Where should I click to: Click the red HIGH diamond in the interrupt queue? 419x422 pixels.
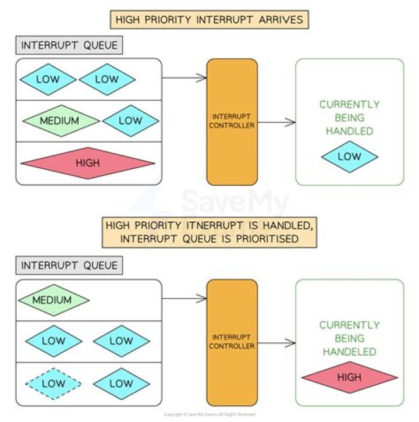pos(87,164)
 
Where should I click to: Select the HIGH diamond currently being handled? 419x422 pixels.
pos(349,378)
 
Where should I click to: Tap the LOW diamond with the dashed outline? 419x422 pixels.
pos(54,383)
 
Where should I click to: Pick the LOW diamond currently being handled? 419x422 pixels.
pos(349,157)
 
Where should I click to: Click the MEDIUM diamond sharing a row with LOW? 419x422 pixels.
pos(60,121)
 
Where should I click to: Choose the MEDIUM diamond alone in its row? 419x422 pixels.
pos(54,300)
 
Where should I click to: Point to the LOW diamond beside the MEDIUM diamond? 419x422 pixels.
pos(130,121)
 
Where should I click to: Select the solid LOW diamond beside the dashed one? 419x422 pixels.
pos(121,383)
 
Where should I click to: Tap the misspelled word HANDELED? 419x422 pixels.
pos(349,352)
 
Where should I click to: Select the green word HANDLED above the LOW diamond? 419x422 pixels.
pos(349,131)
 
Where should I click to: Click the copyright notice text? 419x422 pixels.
pos(210,414)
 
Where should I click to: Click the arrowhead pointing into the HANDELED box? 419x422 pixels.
pos(291,343)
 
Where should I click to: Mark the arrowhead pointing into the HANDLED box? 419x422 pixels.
pos(291,122)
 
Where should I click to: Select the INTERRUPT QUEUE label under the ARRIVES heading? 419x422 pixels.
pos(69,45)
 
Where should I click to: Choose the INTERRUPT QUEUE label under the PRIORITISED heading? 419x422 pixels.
pos(69,265)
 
